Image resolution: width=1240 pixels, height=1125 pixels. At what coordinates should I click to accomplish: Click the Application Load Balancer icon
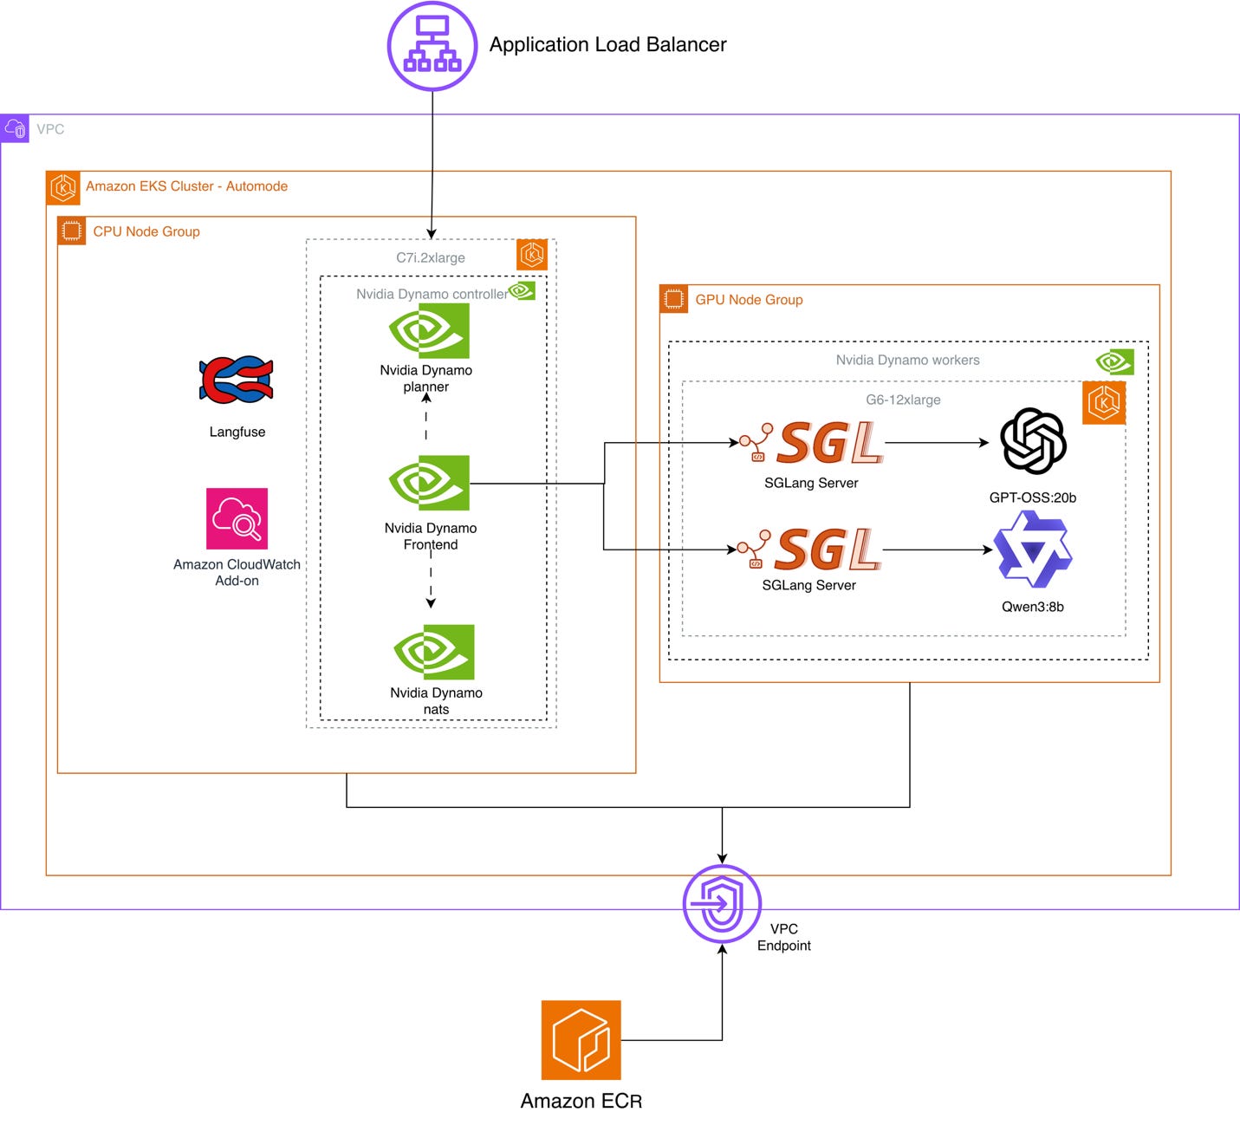(x=432, y=46)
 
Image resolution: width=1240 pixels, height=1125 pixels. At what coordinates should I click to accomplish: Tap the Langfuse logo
(x=237, y=380)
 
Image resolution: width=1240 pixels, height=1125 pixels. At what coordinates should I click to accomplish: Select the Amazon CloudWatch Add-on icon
(x=237, y=518)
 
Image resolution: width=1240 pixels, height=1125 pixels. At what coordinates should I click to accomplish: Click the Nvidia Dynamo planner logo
(x=429, y=331)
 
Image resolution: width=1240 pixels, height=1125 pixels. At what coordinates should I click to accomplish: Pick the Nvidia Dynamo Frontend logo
(x=429, y=483)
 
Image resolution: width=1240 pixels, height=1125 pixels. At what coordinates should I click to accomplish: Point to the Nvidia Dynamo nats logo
(x=434, y=652)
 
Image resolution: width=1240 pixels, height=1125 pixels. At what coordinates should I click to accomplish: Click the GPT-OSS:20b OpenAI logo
(x=1033, y=441)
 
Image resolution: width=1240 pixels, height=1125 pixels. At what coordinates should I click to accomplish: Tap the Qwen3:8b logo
(x=1033, y=549)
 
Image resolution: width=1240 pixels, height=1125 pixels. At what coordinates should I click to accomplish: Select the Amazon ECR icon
(x=581, y=1040)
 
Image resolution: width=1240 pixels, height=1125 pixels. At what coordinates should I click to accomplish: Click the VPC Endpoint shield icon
(x=722, y=904)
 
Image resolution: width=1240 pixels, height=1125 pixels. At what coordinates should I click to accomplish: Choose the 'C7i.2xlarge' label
(x=430, y=257)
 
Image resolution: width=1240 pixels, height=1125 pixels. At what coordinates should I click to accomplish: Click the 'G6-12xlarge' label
(x=903, y=400)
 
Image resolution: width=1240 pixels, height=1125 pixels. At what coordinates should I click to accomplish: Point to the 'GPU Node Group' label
(x=749, y=299)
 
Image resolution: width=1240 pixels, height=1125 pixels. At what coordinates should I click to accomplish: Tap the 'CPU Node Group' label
(x=146, y=231)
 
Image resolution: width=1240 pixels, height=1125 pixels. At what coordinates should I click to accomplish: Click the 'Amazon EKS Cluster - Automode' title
(x=186, y=186)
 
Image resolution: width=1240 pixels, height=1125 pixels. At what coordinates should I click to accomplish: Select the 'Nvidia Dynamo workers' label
(x=907, y=360)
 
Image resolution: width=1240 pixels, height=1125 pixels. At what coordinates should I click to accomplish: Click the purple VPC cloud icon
(x=14, y=128)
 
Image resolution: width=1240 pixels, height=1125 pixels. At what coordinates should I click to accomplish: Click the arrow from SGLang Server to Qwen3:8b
(x=938, y=549)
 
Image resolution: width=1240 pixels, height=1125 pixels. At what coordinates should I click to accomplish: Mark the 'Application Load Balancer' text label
(x=607, y=44)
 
